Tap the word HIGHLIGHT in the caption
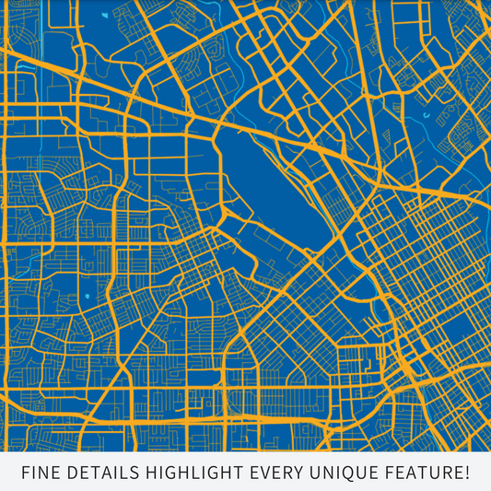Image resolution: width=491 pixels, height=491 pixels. point(193,473)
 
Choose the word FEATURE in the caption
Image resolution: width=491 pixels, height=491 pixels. point(424,473)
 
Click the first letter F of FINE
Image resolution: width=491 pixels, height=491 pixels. point(24,473)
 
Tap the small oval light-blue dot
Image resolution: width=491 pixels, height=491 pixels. point(88,296)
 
